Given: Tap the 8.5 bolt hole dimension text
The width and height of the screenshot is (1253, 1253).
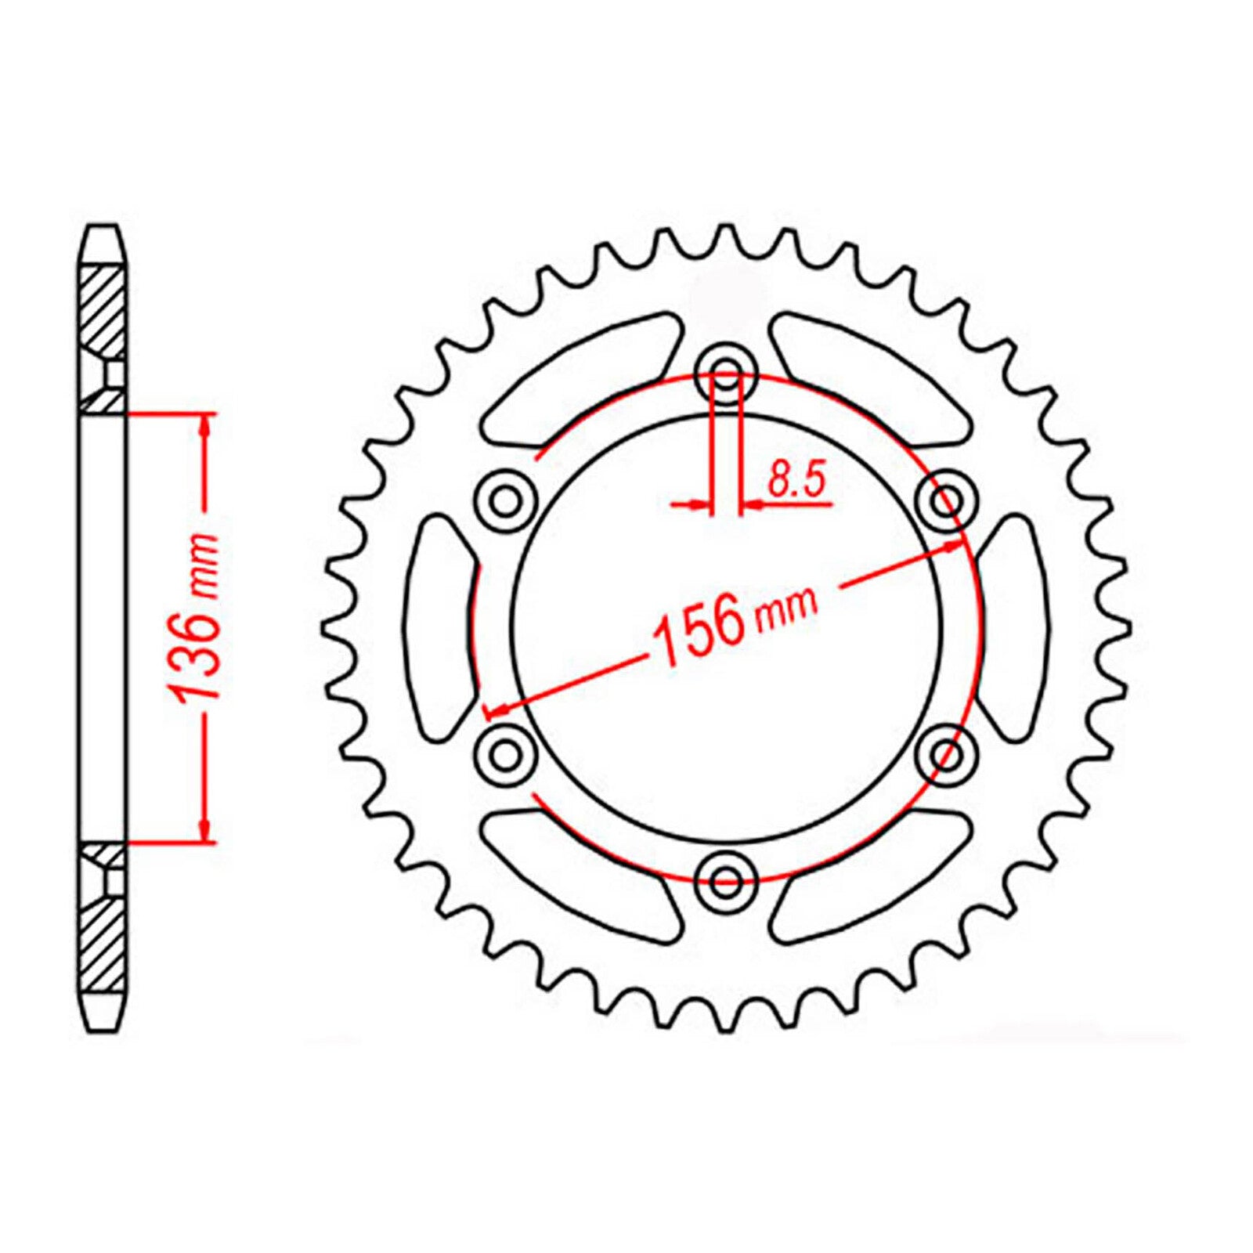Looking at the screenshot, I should [x=796, y=480].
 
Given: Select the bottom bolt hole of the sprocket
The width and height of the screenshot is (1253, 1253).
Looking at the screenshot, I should [x=728, y=876].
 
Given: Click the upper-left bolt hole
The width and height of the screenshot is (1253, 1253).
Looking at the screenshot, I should [x=507, y=499].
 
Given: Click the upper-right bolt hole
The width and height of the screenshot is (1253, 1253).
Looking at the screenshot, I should [x=947, y=498].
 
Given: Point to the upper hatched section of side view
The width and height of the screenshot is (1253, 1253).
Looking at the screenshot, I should [x=103, y=313].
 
